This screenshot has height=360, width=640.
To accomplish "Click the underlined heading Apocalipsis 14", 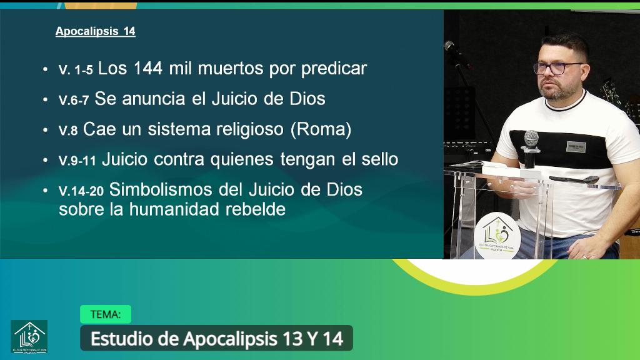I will pyautogui.click(x=95, y=31).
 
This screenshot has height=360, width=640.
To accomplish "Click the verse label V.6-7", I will pyautogui.click(x=74, y=100).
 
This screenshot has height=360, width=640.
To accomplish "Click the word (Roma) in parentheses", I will pyautogui.click(x=321, y=129).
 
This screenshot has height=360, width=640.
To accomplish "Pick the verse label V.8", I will pyautogui.click(x=68, y=130).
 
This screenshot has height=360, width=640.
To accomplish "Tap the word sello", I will pyautogui.click(x=379, y=159).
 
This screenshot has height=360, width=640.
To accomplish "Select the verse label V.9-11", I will pyautogui.click(x=77, y=161).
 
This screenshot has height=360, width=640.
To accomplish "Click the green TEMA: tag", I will pyautogui.click(x=105, y=314).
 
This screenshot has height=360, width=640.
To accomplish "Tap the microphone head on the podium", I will pyautogui.click(x=531, y=138).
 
